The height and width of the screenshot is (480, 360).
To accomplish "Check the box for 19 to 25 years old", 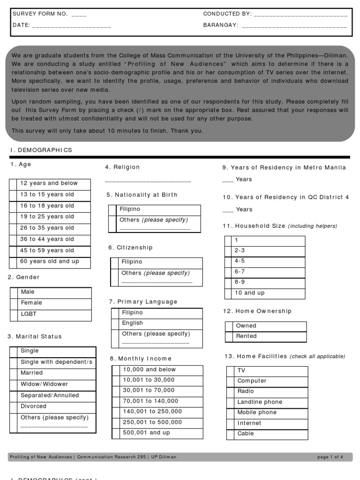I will point(14,217).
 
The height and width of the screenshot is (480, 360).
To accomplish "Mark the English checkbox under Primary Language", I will point(115,323).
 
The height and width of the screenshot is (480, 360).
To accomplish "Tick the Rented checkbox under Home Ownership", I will point(229,337).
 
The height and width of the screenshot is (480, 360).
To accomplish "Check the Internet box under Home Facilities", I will point(230,423).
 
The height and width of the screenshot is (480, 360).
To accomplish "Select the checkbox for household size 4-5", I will point(229,261).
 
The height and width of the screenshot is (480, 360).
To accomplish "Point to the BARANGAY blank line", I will point(294,26).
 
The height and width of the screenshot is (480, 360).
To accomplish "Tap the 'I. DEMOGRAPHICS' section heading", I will point(41,150).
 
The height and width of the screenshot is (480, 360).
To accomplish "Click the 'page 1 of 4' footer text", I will point(330,457).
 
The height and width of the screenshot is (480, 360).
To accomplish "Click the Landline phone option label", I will point(260,402).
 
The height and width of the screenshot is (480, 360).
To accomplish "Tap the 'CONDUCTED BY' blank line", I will point(300,14).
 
